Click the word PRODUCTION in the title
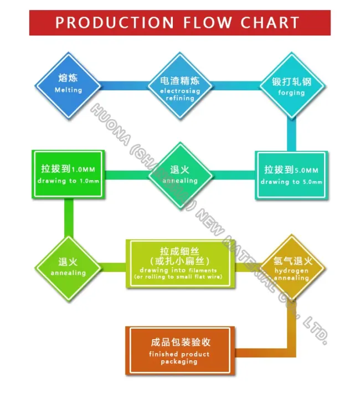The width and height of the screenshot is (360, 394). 114,23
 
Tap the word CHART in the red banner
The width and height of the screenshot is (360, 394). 270,23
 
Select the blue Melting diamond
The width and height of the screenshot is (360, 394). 69,85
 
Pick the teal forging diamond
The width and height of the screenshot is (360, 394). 292,86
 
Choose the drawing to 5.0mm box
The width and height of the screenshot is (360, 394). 291,175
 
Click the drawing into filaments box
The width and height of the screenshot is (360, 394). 178,263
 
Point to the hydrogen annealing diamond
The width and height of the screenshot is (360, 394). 292,267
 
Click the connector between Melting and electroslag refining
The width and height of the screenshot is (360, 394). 125,86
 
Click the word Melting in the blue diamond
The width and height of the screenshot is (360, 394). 69,90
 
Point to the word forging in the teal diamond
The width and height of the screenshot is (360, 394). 292,93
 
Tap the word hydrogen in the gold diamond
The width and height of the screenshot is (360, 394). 291,270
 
